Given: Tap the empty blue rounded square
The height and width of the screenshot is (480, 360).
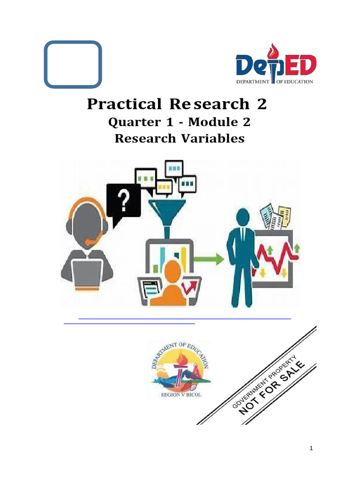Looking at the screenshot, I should [x=73, y=64].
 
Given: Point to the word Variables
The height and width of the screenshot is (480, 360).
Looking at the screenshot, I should [x=216, y=139].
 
